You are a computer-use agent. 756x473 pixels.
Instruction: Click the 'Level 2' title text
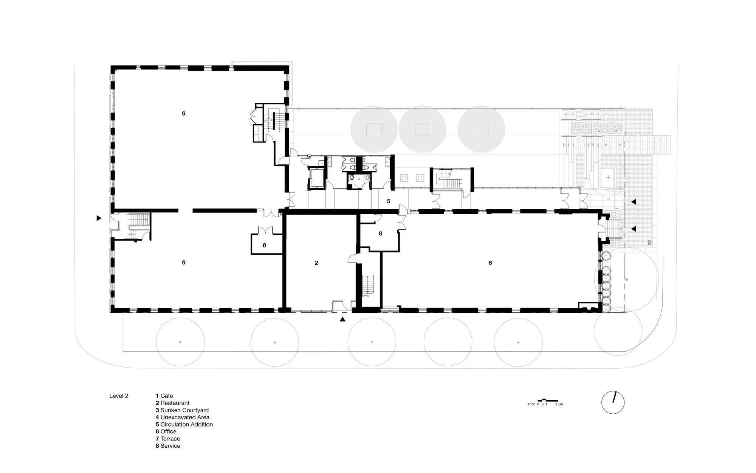[119, 396]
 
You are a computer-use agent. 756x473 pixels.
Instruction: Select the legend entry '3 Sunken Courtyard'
[182, 410]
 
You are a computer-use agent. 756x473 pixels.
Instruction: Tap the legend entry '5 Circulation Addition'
[184, 424]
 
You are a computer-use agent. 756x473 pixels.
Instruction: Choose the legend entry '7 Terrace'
[167, 439]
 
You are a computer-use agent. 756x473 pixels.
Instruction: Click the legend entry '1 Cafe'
[164, 396]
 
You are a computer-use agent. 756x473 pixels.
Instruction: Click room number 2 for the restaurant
[316, 263]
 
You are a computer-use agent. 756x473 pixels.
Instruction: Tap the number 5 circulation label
[388, 201]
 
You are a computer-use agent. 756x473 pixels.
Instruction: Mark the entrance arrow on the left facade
[99, 218]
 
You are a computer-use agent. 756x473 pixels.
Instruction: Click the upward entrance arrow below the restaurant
[342, 319]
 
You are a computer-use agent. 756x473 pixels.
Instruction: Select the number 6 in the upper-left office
[184, 113]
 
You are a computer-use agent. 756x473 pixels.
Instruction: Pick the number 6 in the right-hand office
[490, 263]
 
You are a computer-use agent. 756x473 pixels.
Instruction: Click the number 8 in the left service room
[264, 245]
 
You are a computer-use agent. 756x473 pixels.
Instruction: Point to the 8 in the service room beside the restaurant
[380, 233]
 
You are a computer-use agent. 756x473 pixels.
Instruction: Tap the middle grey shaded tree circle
[422, 129]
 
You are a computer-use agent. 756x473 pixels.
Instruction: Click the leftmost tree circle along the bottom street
[180, 342]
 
